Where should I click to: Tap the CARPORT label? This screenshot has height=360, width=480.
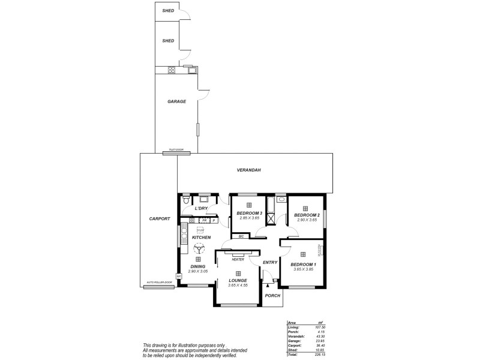(160, 219)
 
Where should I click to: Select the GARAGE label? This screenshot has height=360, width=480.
(176, 101)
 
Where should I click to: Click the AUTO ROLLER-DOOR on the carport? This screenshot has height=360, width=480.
(159, 287)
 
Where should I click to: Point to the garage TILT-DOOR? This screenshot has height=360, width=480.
(176, 153)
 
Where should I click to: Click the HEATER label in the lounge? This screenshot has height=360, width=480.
(238, 259)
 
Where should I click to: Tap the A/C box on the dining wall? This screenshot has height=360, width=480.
(179, 275)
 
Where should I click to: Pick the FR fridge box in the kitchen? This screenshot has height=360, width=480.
(204, 220)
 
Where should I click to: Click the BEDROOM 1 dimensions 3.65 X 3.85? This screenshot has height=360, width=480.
(303, 269)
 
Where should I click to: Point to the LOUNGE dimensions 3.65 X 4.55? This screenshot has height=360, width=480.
(238, 285)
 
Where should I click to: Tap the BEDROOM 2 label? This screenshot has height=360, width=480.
(306, 215)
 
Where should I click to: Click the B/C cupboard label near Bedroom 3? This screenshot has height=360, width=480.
(241, 236)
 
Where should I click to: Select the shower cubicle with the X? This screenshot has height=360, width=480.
(271, 218)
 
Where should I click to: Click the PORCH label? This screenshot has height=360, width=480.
(273, 295)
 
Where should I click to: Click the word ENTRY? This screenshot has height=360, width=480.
(270, 262)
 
